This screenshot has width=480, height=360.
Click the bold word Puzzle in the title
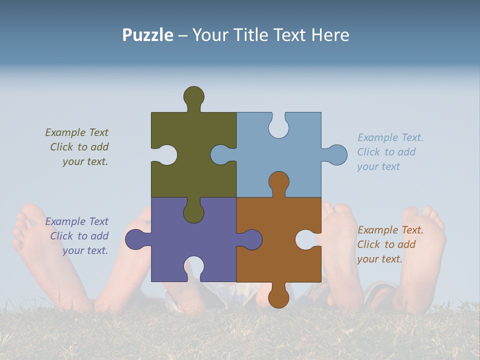coord(148,35)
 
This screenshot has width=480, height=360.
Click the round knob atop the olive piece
coord(194,96)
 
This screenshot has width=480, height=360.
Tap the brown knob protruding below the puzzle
coord(278,297)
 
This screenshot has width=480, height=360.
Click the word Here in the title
coord(330,35)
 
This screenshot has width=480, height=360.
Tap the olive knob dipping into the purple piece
coord(193,212)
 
